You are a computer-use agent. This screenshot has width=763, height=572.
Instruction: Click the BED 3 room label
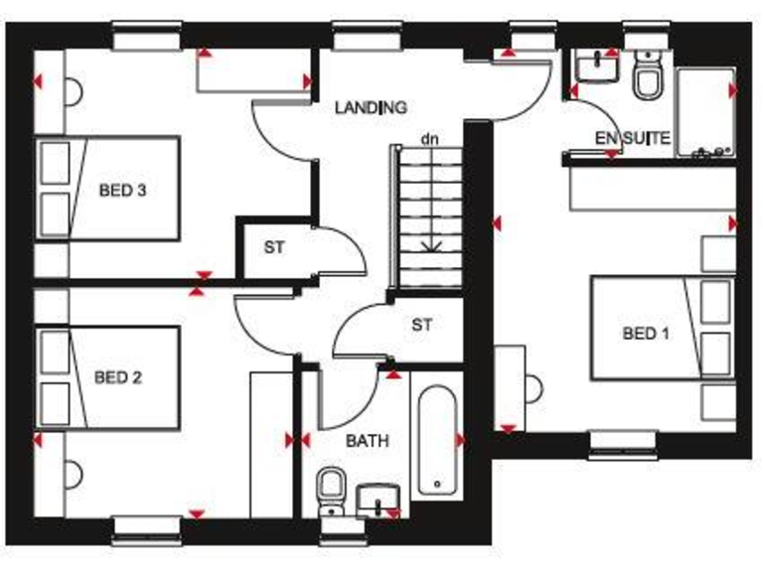(x=122, y=190)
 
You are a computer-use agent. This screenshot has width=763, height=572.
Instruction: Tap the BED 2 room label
(x=118, y=377)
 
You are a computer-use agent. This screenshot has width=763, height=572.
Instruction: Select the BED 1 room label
(x=646, y=334)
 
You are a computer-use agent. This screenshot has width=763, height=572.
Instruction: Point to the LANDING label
(x=371, y=107)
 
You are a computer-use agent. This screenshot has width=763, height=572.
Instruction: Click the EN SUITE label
(x=632, y=137)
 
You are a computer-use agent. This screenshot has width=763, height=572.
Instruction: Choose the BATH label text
(x=367, y=440)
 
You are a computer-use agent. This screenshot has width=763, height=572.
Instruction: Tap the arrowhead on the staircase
(x=430, y=245)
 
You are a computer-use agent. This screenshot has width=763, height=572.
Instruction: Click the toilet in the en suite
(x=649, y=79)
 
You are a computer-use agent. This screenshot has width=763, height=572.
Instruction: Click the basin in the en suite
(x=599, y=68)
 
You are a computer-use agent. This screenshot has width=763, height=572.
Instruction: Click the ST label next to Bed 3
(x=274, y=248)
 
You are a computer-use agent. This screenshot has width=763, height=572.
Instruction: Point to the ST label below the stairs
(x=422, y=325)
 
